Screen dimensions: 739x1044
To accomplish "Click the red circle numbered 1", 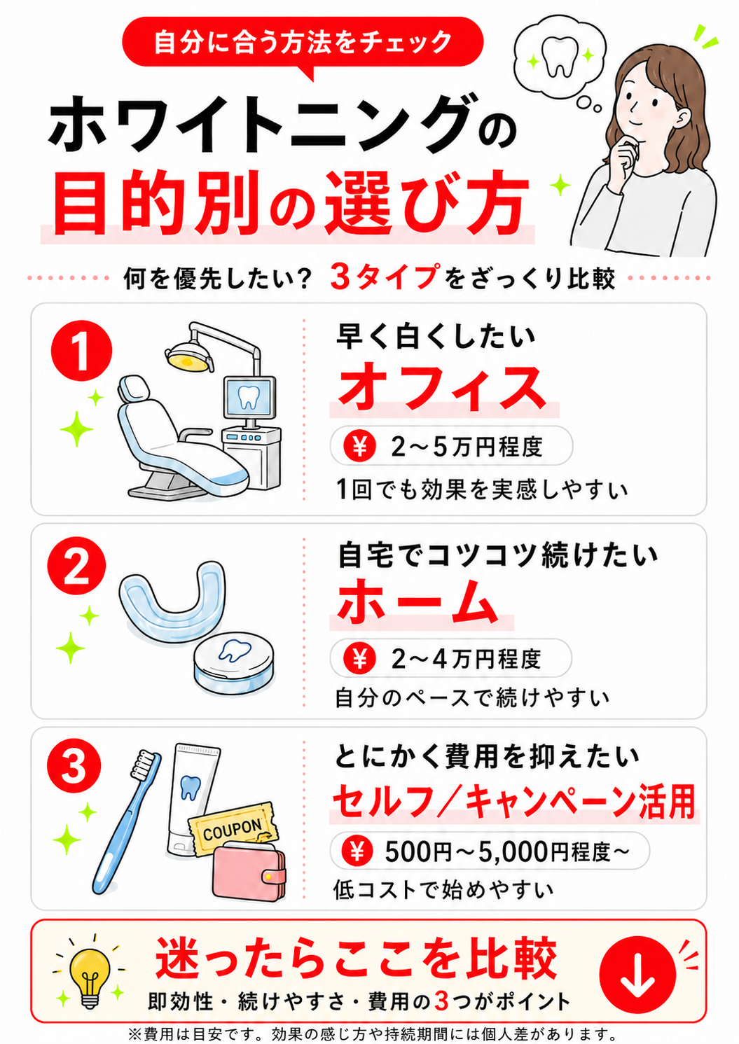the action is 81,351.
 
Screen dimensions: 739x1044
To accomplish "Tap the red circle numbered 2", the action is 76,566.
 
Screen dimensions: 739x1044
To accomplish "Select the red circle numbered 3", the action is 74,767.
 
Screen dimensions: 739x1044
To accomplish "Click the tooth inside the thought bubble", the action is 560,56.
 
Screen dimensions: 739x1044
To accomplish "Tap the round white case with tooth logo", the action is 234,662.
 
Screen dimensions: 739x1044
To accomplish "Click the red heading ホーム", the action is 417,601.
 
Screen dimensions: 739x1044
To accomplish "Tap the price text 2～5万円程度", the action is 467,446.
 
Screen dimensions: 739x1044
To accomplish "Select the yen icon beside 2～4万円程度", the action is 359,659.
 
